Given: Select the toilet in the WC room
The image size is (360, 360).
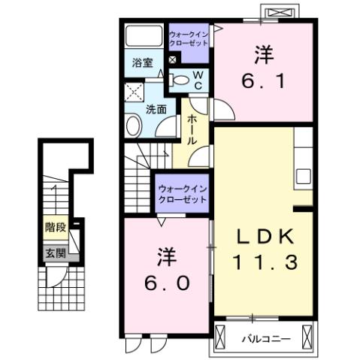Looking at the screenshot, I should (x=180, y=78).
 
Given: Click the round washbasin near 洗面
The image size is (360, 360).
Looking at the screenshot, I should (x=134, y=126).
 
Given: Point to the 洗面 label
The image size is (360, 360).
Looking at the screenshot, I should (x=156, y=108).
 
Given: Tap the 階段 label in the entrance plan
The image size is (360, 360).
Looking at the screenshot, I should (x=53, y=225).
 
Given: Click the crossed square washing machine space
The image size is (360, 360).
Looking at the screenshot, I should (x=135, y=93).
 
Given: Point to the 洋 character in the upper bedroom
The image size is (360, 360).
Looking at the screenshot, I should (x=262, y=55).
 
